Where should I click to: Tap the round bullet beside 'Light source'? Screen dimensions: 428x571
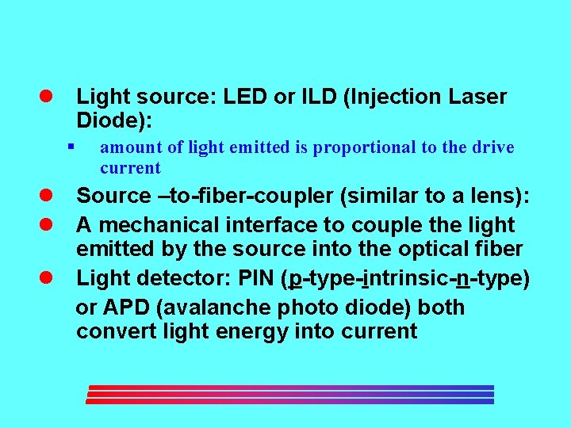point(47,97)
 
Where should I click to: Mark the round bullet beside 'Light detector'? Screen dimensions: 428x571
point(47,277)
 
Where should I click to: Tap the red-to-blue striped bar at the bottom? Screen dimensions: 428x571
point(289,395)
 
